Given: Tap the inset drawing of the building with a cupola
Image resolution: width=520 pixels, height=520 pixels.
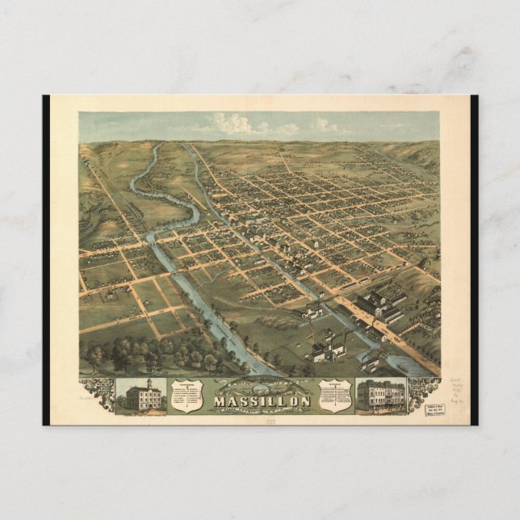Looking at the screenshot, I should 141,394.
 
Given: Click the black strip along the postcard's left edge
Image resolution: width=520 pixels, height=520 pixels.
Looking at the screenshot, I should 46,258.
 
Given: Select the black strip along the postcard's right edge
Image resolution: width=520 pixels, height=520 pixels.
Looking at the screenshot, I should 474,258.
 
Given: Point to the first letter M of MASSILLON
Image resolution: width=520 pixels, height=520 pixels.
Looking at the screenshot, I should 219,400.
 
